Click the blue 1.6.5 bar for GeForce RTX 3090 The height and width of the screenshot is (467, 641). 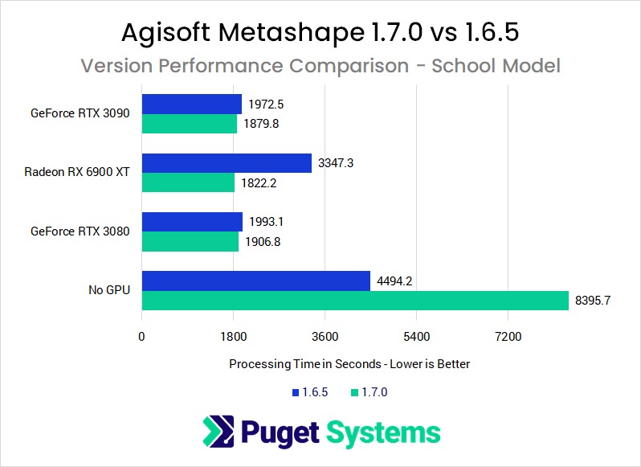coord(192,104)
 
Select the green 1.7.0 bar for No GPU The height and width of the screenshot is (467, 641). coord(354,301)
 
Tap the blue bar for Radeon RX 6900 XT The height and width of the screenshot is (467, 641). coord(227,163)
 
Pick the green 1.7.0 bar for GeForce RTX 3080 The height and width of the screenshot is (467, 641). coord(190,242)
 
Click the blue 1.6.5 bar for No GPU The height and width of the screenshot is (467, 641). coord(256,281)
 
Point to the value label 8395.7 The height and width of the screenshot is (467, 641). coord(594,301)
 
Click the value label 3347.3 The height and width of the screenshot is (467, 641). coord(336,163)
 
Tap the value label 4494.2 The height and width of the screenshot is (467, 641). coord(394,281)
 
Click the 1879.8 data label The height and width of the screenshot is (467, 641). coord(261,124)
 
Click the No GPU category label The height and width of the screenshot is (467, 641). coord(109,290)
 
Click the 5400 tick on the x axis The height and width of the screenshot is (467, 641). coord(416,336)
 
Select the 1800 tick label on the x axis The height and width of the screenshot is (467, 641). coord(233,336)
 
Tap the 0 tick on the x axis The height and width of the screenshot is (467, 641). coord(141,336)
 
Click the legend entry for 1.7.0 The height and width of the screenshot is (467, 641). coord(370,392)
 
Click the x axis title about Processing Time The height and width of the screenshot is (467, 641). coord(349,364)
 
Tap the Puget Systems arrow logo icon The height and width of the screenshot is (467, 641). coord(217,432)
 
